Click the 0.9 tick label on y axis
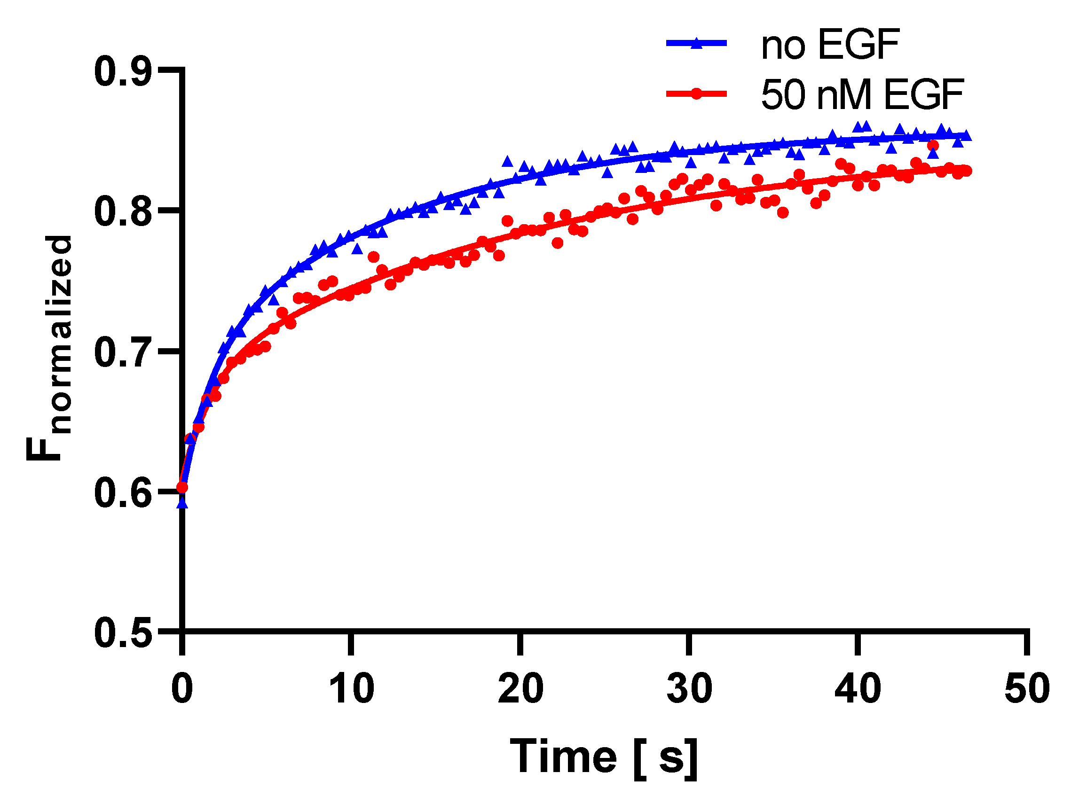tap(122, 72)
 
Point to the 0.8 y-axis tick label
tap(122, 212)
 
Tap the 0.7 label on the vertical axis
tap(122, 352)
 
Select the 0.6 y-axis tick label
tap(122, 492)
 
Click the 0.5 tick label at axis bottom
tap(122, 632)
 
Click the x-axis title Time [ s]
tap(604, 757)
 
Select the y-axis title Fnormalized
tap(49, 348)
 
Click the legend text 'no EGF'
tap(830, 45)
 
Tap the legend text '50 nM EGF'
tap(862, 94)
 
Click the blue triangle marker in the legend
tap(696, 43)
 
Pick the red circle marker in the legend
tap(696, 94)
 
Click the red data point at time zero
tap(182, 487)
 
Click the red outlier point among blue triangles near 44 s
tap(933, 146)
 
